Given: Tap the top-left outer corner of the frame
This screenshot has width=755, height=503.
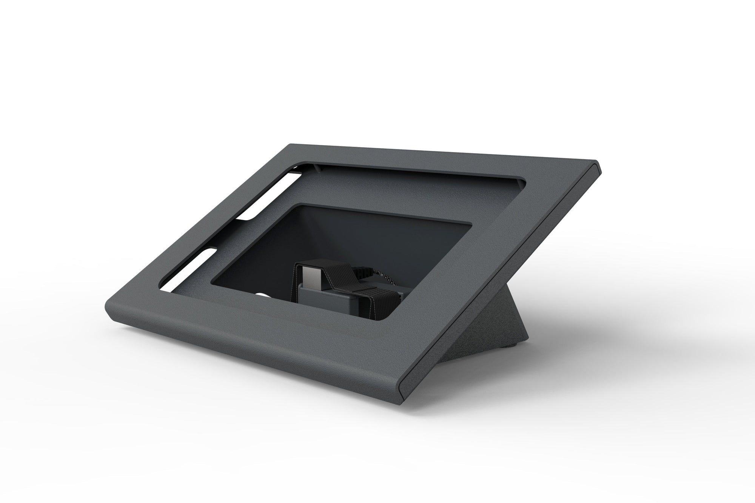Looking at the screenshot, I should pyautogui.click(x=291, y=144).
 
